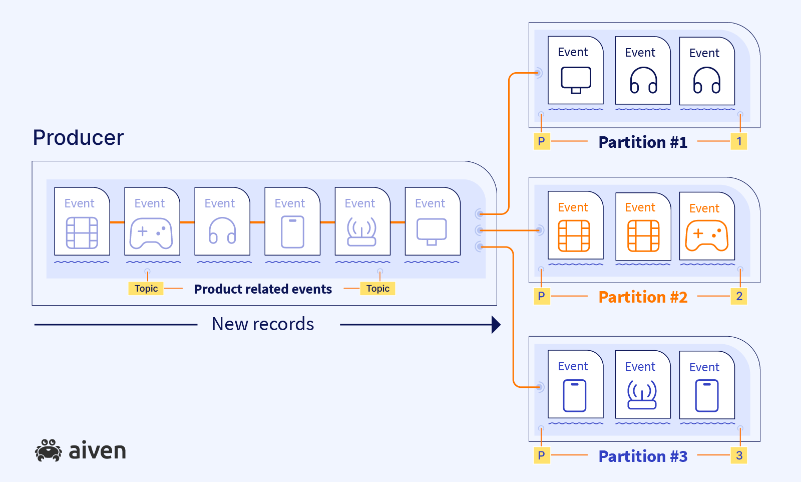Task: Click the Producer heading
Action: click(x=78, y=138)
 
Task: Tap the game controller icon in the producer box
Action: click(x=151, y=233)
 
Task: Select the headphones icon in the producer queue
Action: click(x=222, y=231)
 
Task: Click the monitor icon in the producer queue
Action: click(x=432, y=231)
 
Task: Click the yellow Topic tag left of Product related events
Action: click(x=146, y=289)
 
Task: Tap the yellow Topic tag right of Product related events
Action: click(x=377, y=289)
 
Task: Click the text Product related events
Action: click(x=263, y=289)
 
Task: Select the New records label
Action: click(x=263, y=324)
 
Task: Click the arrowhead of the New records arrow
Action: click(x=496, y=325)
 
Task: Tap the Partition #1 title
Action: click(x=643, y=142)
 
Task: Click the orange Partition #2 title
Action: click(x=643, y=297)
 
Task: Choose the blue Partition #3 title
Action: click(x=643, y=456)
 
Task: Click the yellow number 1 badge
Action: click(x=739, y=141)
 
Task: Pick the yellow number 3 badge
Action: click(x=739, y=455)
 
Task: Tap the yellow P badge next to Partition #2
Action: click(x=541, y=296)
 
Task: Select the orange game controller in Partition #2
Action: click(x=706, y=235)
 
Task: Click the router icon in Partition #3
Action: click(x=642, y=395)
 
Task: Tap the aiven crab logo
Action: click(x=49, y=450)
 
